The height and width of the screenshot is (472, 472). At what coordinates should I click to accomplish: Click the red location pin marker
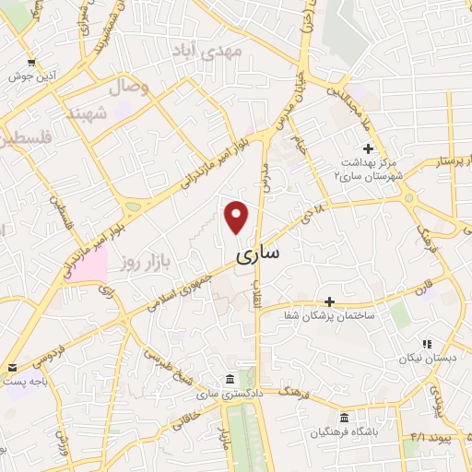click(237, 217)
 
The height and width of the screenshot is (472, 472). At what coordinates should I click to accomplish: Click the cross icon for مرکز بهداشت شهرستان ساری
click(368, 148)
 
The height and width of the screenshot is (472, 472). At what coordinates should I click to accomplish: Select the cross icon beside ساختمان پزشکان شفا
click(330, 301)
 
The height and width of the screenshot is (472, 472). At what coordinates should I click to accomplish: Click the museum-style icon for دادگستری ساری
click(229, 380)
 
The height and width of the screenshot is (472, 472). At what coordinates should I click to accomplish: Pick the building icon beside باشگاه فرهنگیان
click(344, 417)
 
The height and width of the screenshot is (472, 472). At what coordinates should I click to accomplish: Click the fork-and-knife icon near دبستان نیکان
click(426, 343)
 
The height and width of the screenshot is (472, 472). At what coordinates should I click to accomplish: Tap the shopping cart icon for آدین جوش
click(32, 63)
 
